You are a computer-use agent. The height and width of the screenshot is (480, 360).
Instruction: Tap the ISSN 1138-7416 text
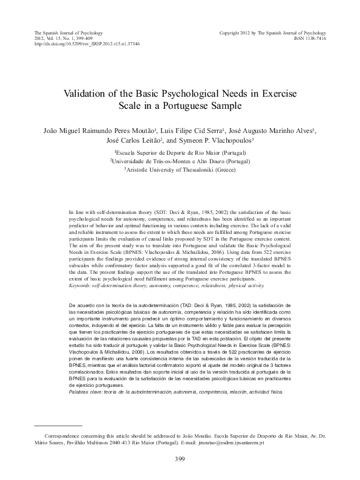click(x=309, y=37)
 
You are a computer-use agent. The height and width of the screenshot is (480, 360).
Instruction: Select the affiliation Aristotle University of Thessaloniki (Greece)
click(x=180, y=170)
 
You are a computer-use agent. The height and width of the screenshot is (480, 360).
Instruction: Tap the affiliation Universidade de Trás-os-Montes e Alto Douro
click(x=180, y=161)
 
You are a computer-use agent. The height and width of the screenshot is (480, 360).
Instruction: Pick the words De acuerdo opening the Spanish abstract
click(x=83, y=300)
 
